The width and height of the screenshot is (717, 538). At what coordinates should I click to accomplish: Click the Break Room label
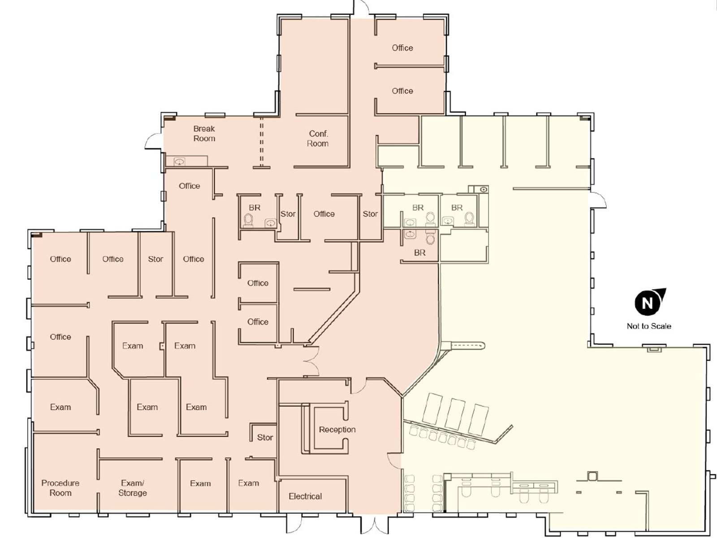(204, 134)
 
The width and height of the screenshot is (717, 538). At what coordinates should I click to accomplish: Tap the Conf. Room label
(318, 139)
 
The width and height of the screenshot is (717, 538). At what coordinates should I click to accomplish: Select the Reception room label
(337, 430)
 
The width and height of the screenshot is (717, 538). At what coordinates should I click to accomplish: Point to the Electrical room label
(305, 496)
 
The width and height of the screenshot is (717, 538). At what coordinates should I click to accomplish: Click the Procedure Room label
(60, 488)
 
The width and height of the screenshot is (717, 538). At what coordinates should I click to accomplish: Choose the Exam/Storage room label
(132, 488)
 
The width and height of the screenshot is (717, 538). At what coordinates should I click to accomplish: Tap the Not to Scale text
(649, 326)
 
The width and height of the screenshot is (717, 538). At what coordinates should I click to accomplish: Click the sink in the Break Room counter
(179, 161)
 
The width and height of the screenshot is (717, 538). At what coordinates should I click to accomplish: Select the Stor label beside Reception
(264, 438)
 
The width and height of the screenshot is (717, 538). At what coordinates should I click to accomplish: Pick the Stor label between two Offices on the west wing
(155, 259)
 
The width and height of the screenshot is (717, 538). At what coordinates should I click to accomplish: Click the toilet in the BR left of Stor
(249, 220)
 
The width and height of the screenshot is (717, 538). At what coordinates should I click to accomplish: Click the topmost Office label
(402, 48)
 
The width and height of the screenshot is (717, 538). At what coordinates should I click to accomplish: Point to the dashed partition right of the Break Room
(261, 143)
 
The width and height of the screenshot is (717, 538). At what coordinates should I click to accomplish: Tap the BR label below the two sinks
(420, 252)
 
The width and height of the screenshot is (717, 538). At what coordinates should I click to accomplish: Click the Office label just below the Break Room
(190, 186)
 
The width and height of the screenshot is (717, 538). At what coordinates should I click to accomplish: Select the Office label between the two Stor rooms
(324, 214)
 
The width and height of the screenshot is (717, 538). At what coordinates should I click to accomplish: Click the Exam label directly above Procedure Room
(60, 407)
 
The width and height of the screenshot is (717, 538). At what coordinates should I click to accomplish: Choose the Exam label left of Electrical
(249, 483)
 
